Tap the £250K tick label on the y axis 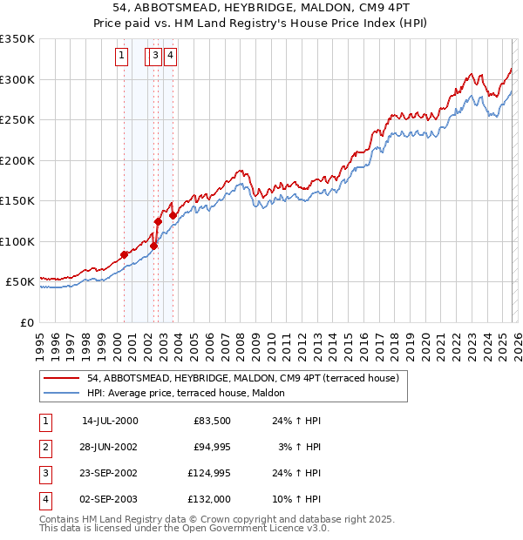coord(17,120)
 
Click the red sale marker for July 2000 coord(124,254)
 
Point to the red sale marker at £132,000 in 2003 coord(173,215)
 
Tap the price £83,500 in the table coord(209,421)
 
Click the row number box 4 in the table coord(45,500)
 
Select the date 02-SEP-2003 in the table coord(110,500)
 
